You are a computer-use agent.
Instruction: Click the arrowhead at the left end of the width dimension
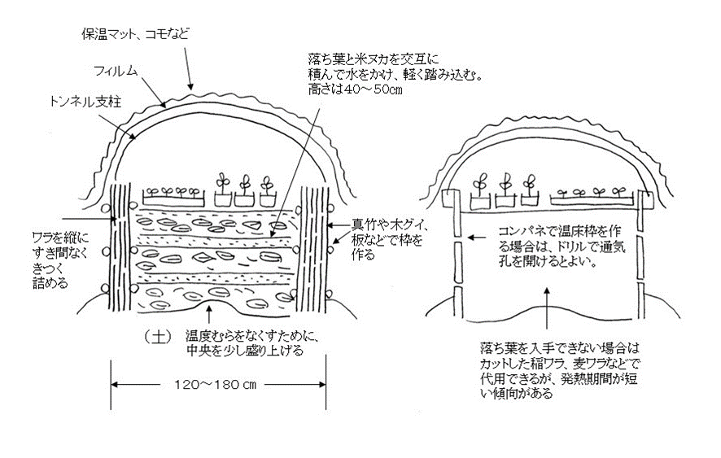[115, 383]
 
